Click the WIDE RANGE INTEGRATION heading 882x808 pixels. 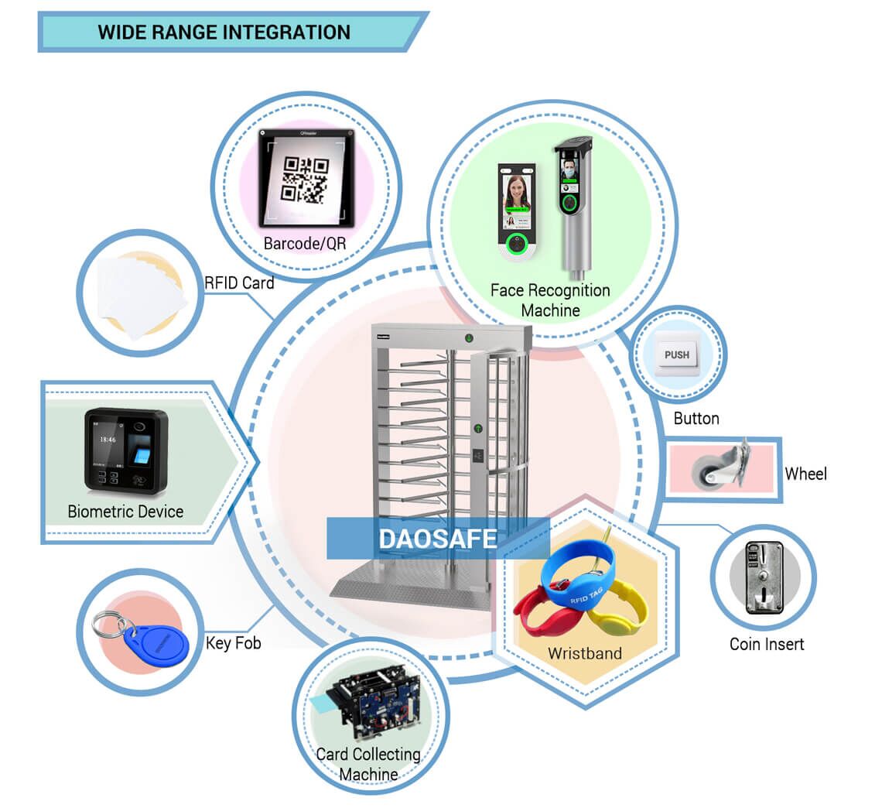tap(224, 33)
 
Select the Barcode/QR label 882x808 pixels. tap(305, 244)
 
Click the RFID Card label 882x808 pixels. tap(239, 283)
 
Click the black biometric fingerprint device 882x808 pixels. tap(126, 450)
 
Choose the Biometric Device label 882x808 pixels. tap(125, 512)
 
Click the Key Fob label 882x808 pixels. tap(233, 643)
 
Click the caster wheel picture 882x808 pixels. tap(720, 466)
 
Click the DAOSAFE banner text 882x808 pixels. tap(437, 539)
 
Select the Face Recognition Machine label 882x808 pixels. tap(550, 300)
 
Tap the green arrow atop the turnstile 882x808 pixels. tap(469, 338)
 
